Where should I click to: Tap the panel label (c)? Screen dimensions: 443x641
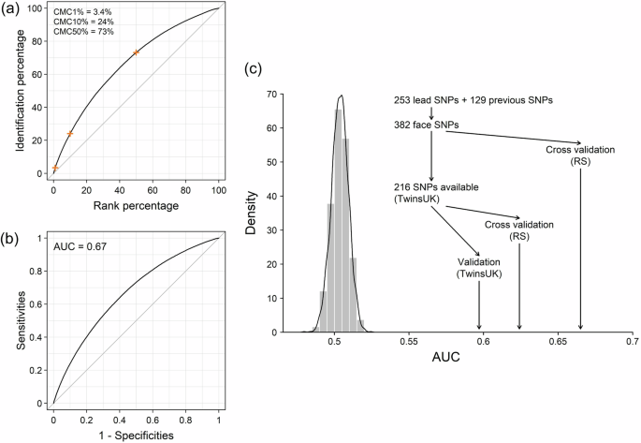click(x=253, y=69)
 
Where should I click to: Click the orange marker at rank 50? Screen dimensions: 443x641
click(x=136, y=52)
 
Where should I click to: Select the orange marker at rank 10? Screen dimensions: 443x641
click(x=70, y=133)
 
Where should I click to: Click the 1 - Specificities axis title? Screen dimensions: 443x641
click(x=135, y=435)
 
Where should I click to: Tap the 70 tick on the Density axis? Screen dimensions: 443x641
click(x=297, y=94)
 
